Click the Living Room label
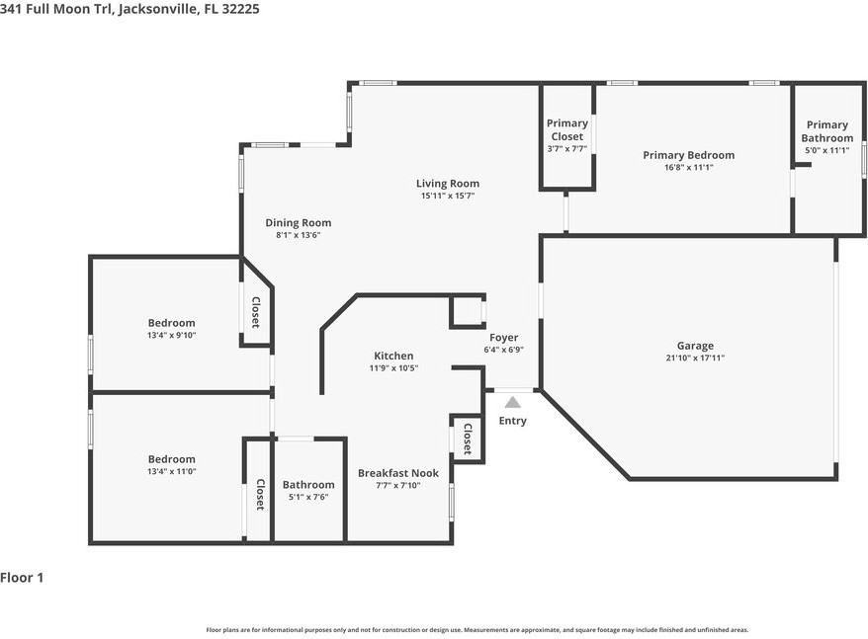coord(448,183)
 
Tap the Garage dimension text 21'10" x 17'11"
coord(695,358)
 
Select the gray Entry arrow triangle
coord(513,402)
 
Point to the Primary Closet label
coord(566,129)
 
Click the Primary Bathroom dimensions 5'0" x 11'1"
coord(827,150)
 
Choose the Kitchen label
coord(393,356)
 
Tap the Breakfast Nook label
coord(398,473)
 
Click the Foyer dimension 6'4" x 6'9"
coord(504,350)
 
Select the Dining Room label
coord(299,222)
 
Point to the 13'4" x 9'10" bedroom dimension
coord(172,335)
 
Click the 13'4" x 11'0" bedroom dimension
coord(172,471)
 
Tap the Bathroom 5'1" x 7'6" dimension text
coord(308,497)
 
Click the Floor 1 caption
coord(22,578)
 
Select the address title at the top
coord(130,9)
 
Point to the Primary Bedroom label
coord(689,155)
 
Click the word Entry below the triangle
coord(513,421)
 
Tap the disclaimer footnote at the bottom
coord(477,629)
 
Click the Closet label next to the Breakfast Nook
coord(468,439)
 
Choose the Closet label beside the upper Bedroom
coord(256,312)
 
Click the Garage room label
coord(695,346)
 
